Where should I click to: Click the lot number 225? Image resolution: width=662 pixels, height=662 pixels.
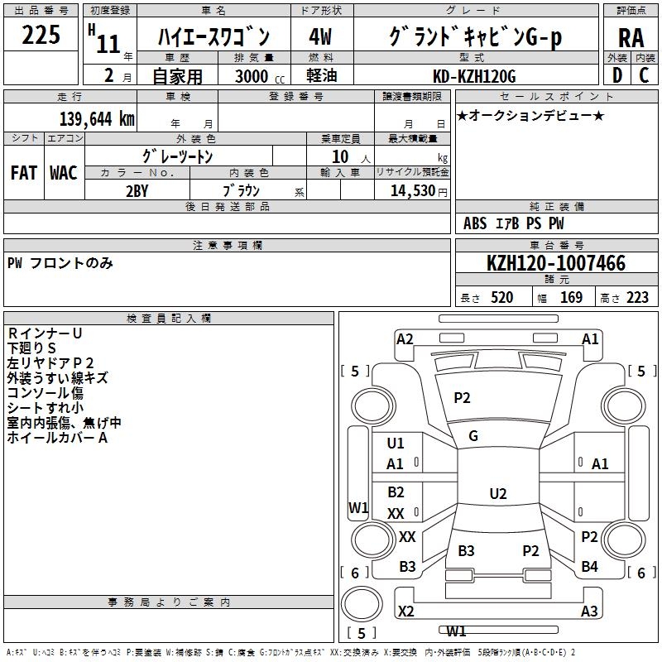pos(41,35)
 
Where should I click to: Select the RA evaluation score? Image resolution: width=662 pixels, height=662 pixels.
pos(631,38)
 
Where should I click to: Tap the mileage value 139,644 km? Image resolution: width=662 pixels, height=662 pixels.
pos(97,118)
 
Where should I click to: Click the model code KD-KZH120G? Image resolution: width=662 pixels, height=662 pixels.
pos(474,76)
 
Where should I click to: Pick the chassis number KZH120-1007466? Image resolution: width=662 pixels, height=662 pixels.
pos(556,263)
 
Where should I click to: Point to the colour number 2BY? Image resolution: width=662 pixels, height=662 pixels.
pos(137,191)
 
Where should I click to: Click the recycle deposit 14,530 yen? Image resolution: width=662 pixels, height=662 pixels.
pos(419,191)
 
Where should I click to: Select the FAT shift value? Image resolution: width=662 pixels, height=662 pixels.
pos(24,173)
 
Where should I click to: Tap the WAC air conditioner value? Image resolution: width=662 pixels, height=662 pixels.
pos(64,173)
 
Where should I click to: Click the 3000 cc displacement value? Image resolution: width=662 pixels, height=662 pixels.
pos(260,76)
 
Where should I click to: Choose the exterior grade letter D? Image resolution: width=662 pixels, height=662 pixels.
pos(617,75)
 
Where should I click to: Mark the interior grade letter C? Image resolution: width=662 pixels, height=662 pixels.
pos(644,75)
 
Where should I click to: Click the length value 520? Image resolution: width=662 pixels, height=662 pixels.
pos(501,298)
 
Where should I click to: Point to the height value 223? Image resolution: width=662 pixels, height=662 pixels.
pos(637,298)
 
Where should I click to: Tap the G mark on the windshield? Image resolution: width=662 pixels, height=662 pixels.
pos(473,436)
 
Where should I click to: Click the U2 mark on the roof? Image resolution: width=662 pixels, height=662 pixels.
pos(498,493)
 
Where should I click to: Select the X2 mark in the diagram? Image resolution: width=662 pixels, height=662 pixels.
pos(405,611)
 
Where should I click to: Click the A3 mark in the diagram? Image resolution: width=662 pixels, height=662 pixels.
pos(589,611)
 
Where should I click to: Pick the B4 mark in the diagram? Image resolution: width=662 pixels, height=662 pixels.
pos(589,566)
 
